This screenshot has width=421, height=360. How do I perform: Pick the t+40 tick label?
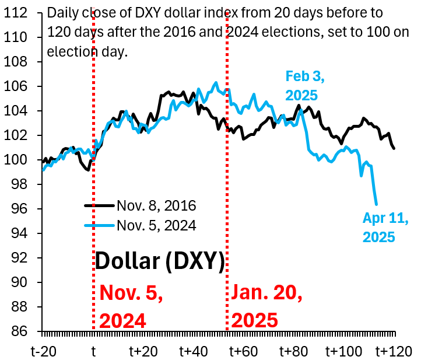click(x=192, y=351)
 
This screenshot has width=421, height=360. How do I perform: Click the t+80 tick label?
click(x=293, y=351)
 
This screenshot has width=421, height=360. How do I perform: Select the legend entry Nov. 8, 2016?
click(x=156, y=205)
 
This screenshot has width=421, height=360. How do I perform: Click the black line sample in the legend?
click(x=99, y=205)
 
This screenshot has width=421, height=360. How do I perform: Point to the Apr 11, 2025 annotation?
click(x=385, y=228)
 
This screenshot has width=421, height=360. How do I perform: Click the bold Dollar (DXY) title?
click(x=159, y=261)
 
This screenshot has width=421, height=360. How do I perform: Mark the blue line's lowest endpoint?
click(x=376, y=204)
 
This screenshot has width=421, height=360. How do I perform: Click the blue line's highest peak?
click(x=216, y=82)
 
